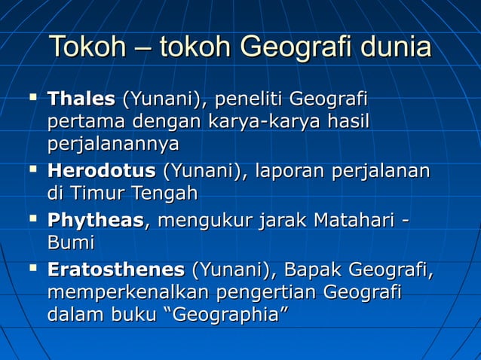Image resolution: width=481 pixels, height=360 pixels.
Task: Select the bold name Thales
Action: tap(81, 99)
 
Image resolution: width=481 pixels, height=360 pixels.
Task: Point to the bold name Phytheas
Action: tap(95, 221)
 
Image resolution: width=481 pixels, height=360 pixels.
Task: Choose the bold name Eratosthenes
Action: tap(115, 270)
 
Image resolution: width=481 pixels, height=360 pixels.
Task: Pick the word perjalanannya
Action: tap(113, 143)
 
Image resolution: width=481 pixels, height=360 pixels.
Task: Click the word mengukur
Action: tap(202, 221)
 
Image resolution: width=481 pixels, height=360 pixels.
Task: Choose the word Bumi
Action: tap(70, 243)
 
